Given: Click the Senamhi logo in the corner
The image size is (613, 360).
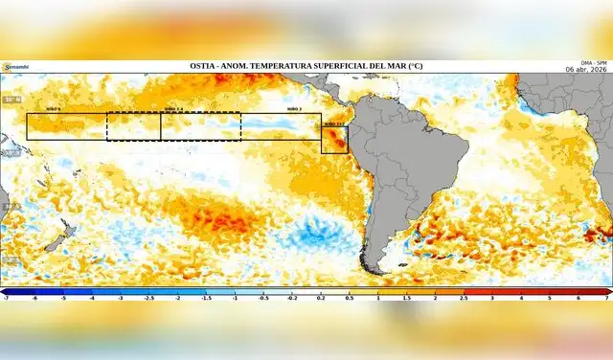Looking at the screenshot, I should (x=15, y=66).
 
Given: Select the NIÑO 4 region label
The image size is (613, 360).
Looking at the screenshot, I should (x=53, y=110).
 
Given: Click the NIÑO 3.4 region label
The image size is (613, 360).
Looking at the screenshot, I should (x=173, y=110).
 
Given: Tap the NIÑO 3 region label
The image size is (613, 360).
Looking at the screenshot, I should (x=294, y=110).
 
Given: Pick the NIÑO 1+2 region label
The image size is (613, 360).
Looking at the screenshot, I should (x=333, y=124).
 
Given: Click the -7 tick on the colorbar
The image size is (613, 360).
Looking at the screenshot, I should (x=6, y=299).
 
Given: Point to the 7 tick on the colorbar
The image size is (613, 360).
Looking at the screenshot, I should (x=607, y=299).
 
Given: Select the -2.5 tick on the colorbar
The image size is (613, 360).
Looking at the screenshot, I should (x=148, y=299).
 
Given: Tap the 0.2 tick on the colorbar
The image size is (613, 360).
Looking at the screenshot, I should (x=321, y=299).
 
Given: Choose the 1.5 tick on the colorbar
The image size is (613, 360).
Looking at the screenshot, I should (x=407, y=299).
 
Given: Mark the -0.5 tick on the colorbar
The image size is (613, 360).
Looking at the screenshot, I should (x=263, y=299).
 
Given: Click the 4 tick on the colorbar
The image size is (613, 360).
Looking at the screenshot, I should (x=522, y=299).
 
